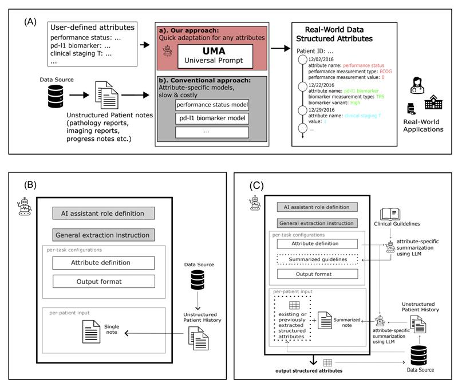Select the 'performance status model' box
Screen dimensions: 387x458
point(212,105)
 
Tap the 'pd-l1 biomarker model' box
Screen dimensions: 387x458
point(212,119)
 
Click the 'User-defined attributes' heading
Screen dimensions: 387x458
point(93,27)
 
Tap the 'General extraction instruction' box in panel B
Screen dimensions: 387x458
point(102,235)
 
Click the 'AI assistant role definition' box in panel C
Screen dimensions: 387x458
point(317,207)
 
